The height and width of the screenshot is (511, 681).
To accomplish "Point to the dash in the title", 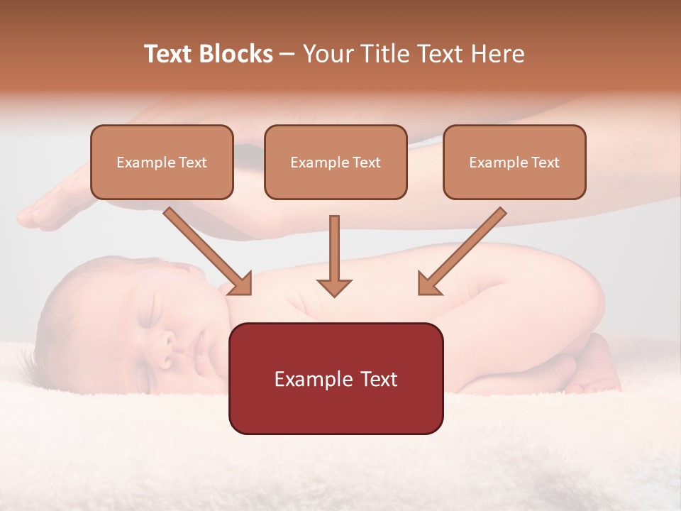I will [288, 55].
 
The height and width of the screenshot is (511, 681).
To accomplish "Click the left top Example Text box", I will [162, 162].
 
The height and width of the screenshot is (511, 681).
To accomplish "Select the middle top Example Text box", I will [336, 162].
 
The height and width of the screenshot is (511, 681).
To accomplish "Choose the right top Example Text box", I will [514, 162].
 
